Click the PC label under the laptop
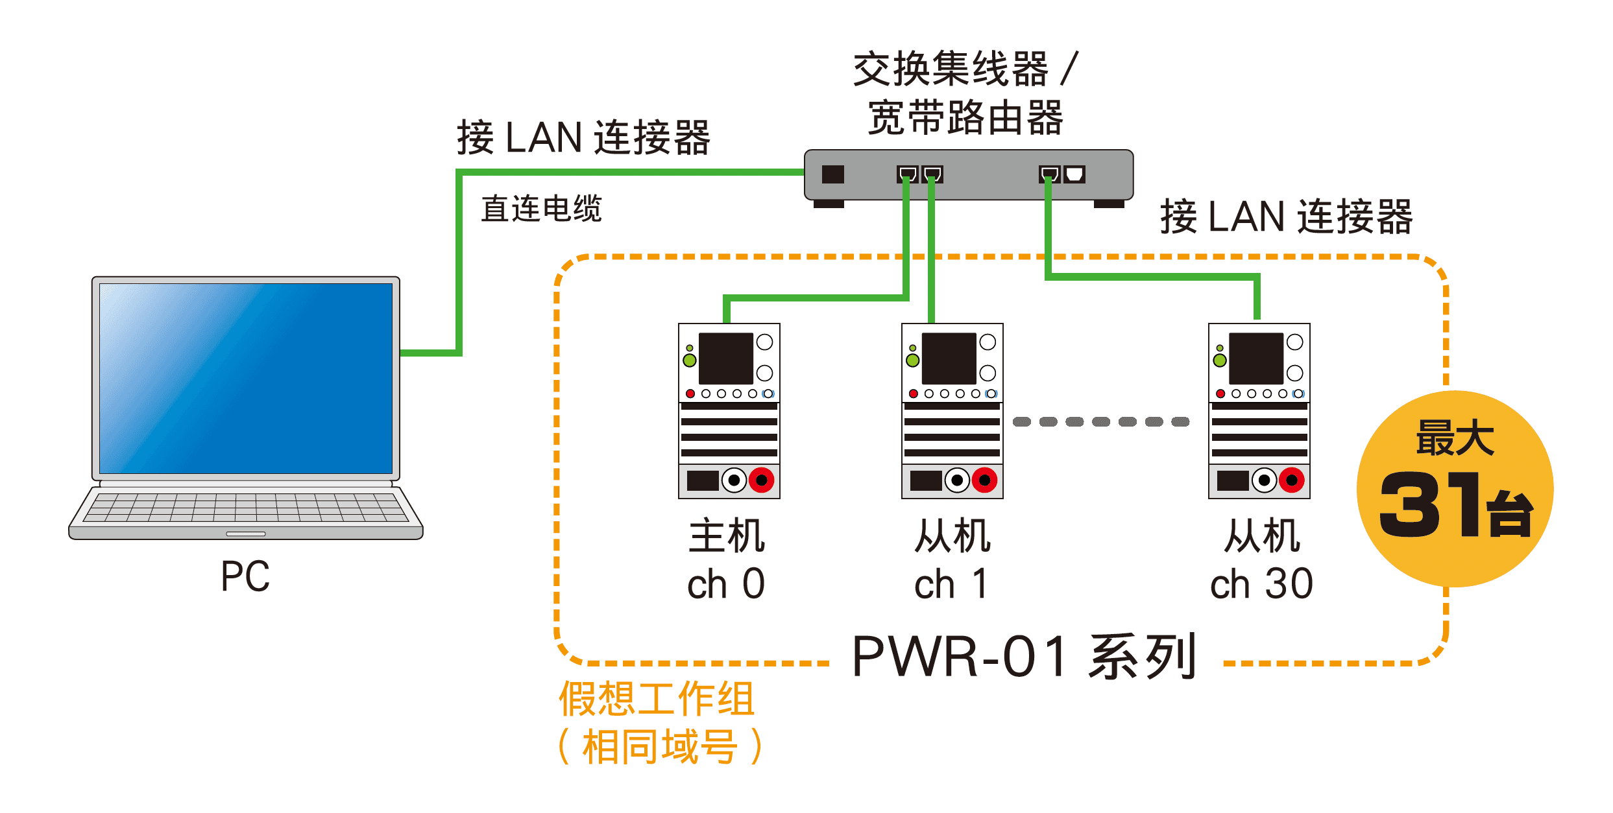pos(245,576)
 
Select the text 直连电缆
pos(541,209)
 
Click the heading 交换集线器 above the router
pos(951,69)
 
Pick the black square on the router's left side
pos(832,174)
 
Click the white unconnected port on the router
pos(1074,174)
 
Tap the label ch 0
pos(726,584)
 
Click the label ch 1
pos(951,584)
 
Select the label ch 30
pos(1261,584)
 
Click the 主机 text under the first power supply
pos(727,536)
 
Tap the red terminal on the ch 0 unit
pos(761,480)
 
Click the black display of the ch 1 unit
pos(949,359)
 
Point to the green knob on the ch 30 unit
pos(1220,360)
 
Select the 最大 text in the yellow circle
pos(1455,438)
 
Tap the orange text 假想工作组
pos(657,699)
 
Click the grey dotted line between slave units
pos(1101,422)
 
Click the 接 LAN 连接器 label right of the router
pos(1286,217)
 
